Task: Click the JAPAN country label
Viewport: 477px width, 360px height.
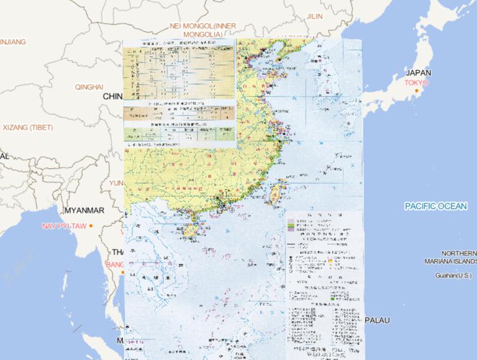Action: click(x=419, y=73)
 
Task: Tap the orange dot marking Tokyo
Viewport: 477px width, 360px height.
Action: click(x=413, y=90)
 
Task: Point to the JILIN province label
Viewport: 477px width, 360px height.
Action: click(x=315, y=16)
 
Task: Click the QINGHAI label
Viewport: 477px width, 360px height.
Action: click(x=89, y=87)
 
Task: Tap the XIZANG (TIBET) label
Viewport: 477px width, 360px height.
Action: click(x=28, y=127)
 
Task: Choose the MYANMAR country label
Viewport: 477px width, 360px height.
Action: click(x=84, y=210)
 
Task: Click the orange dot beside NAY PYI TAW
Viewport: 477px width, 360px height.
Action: click(x=91, y=225)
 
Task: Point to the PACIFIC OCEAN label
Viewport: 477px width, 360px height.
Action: click(x=435, y=206)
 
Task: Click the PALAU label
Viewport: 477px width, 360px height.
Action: click(x=377, y=320)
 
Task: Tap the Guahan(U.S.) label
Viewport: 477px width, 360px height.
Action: click(x=454, y=275)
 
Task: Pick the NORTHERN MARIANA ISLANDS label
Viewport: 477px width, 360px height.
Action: click(x=458, y=257)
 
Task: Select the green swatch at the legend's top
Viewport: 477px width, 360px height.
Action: click(x=289, y=225)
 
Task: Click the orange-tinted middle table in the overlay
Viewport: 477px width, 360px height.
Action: click(x=179, y=114)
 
